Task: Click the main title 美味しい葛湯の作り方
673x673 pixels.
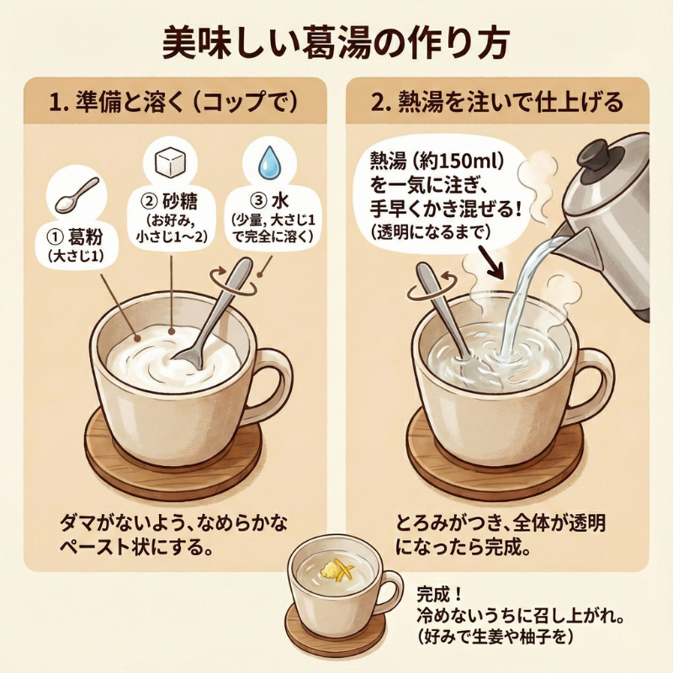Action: coord(336,44)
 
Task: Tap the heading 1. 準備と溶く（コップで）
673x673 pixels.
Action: coord(173,103)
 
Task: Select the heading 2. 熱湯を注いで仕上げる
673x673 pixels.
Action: coord(497,103)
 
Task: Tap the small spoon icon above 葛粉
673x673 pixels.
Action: coord(77,196)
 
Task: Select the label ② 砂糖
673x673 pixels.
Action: coord(170,201)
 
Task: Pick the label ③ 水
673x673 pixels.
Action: coord(269,201)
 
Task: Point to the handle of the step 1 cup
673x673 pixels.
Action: coord(270,385)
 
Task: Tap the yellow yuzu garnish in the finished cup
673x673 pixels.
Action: coord(338,571)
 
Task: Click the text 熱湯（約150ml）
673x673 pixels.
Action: coord(436,162)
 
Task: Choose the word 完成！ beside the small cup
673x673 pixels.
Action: coord(438,595)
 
